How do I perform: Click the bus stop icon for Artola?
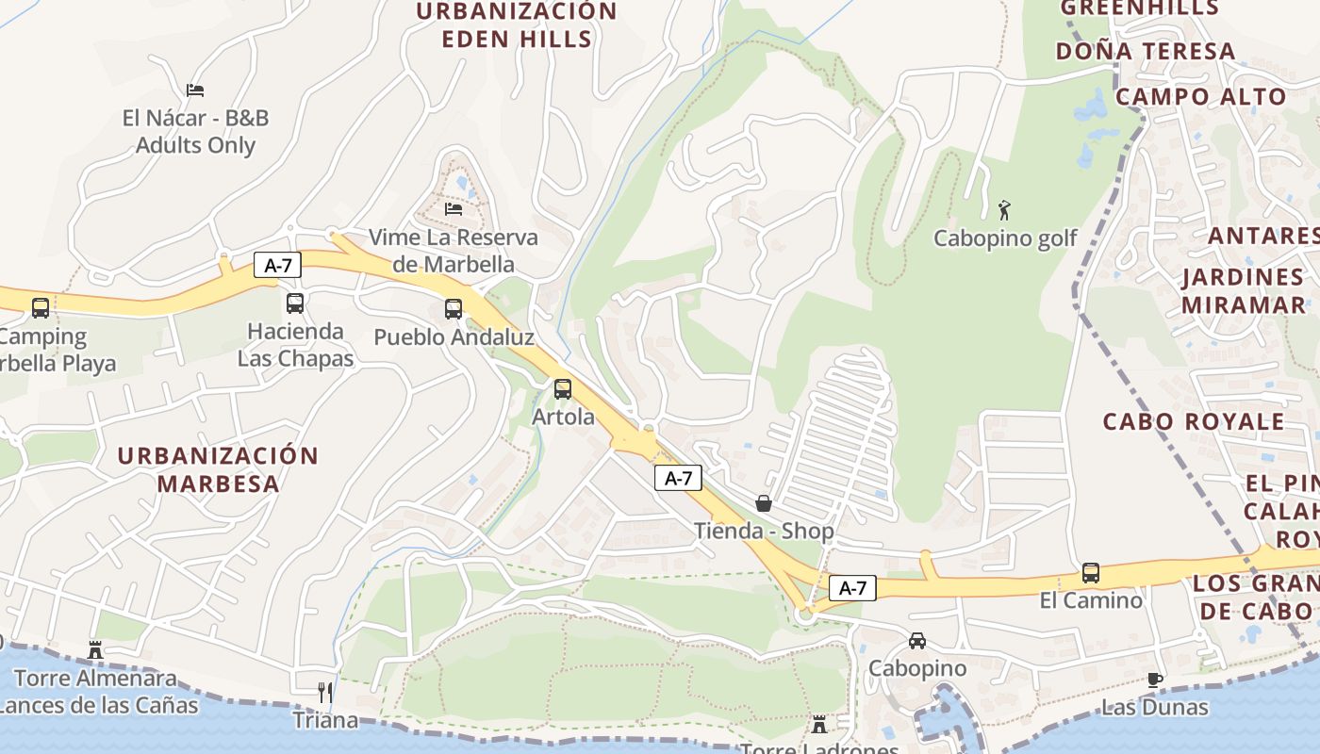pos(563,388)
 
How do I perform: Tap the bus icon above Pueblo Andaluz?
pos(454,308)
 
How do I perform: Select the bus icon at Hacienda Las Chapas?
pos(295,303)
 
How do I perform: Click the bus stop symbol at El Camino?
pos(1091,572)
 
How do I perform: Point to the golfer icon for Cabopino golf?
pos(1004,209)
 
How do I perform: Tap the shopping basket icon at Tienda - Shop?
pos(764,503)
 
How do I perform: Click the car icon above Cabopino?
pos(917,641)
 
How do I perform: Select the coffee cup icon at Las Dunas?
pos(1155,680)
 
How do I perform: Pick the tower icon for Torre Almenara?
pos(95,649)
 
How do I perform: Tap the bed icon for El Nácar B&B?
pos(195,90)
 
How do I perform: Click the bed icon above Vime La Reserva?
pos(454,208)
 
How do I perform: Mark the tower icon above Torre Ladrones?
pos(819,725)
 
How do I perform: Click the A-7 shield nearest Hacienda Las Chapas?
pos(277,265)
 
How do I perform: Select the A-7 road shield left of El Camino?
pos(852,588)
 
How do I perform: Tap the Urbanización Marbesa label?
pos(218,469)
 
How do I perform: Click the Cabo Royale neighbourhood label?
pos(1193,420)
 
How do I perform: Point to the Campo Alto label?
pos(1200,96)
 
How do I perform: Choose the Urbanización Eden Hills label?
pos(517,25)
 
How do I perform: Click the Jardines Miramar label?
pos(1243,290)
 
